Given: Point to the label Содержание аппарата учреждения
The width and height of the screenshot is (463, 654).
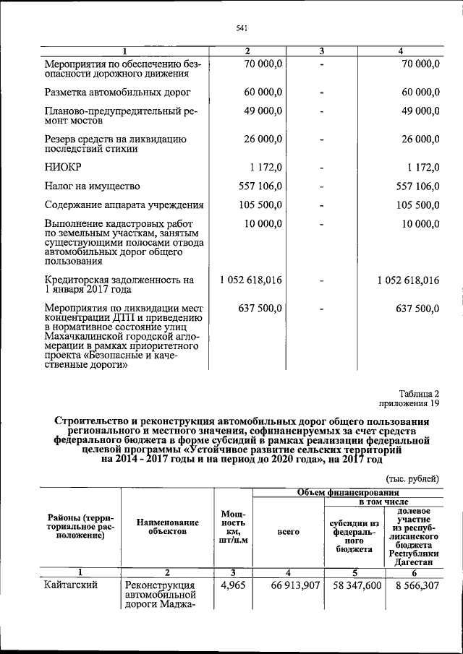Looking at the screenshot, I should [124, 205].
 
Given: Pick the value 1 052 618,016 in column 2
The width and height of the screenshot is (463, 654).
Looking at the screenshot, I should [250, 280].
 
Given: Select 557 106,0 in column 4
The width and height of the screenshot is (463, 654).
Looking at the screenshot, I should [410, 186].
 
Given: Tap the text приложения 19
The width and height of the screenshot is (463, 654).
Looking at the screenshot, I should [409, 403].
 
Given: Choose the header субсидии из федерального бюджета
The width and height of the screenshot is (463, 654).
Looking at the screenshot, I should [354, 535].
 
